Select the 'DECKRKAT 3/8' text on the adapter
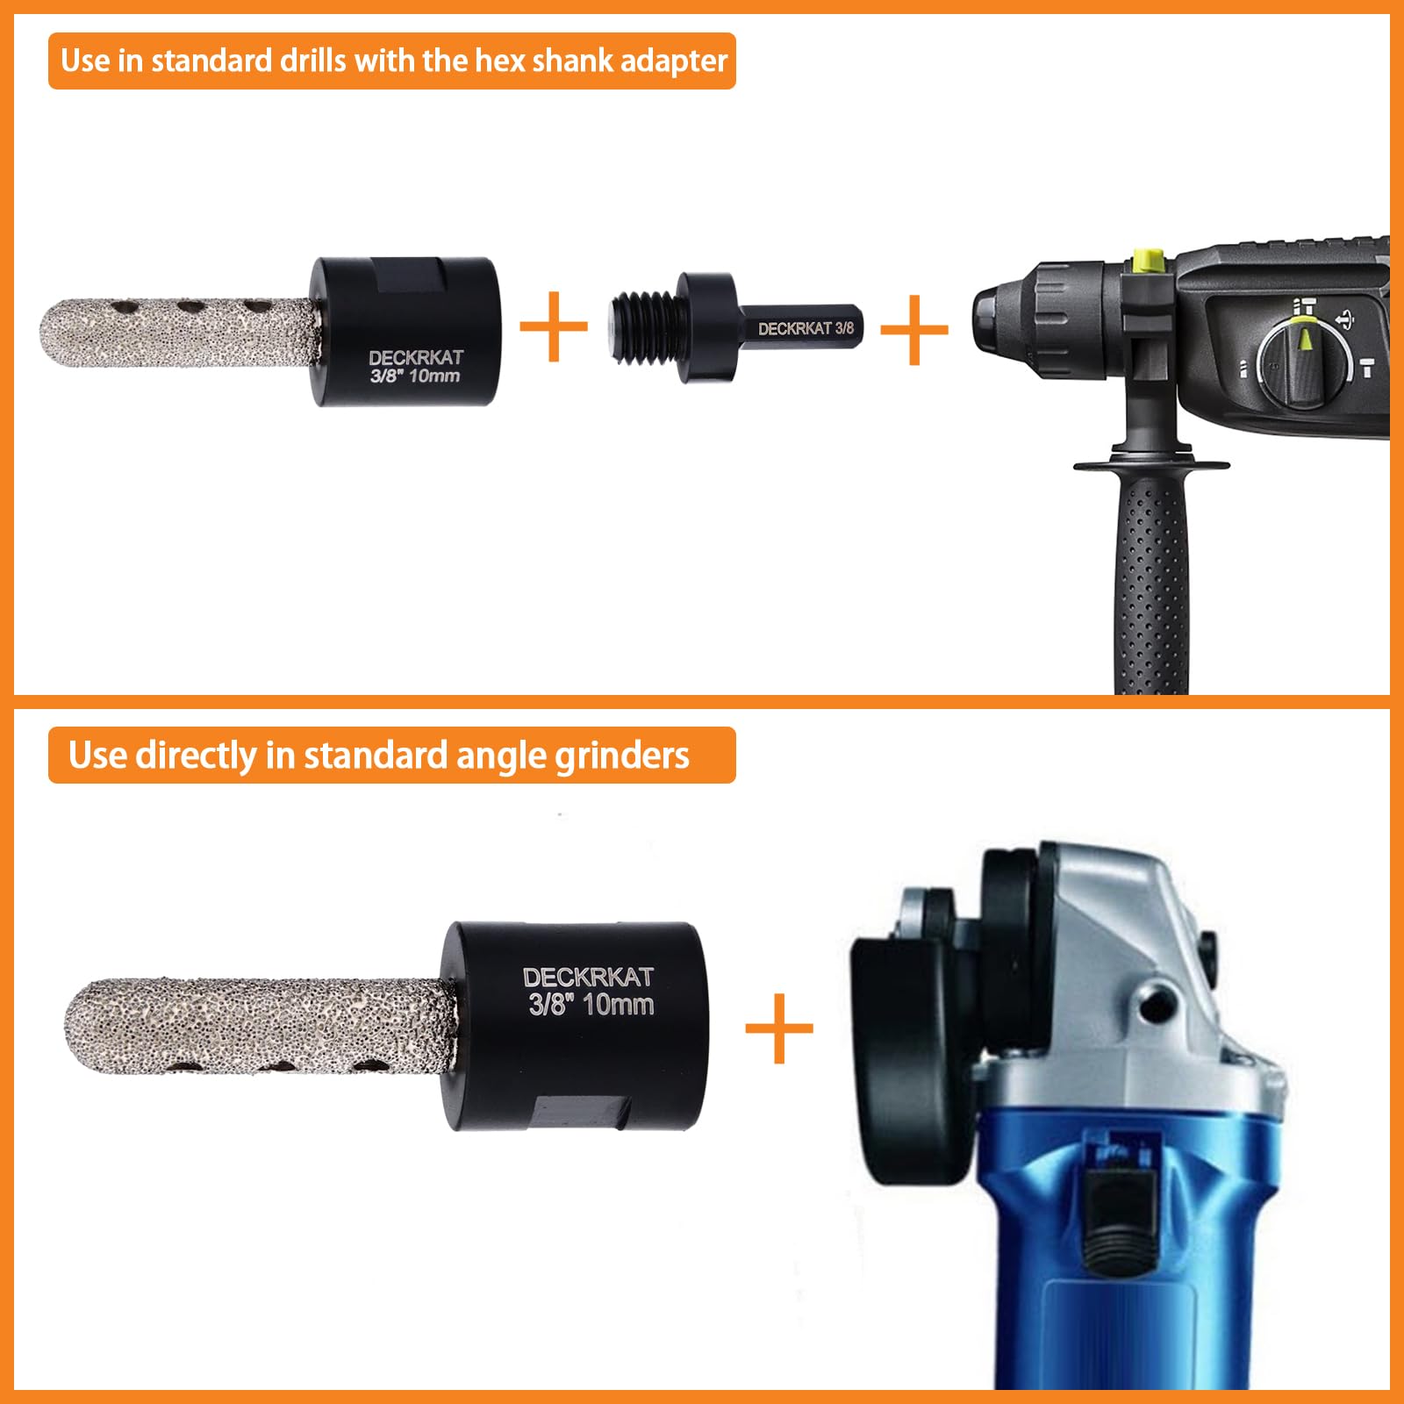(x=805, y=328)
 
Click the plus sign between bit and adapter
(x=553, y=327)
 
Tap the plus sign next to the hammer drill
(x=913, y=330)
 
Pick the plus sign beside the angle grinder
(x=778, y=1028)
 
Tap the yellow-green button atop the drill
(x=1148, y=260)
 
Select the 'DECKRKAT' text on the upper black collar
(x=415, y=357)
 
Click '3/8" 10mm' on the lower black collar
(x=591, y=1005)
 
